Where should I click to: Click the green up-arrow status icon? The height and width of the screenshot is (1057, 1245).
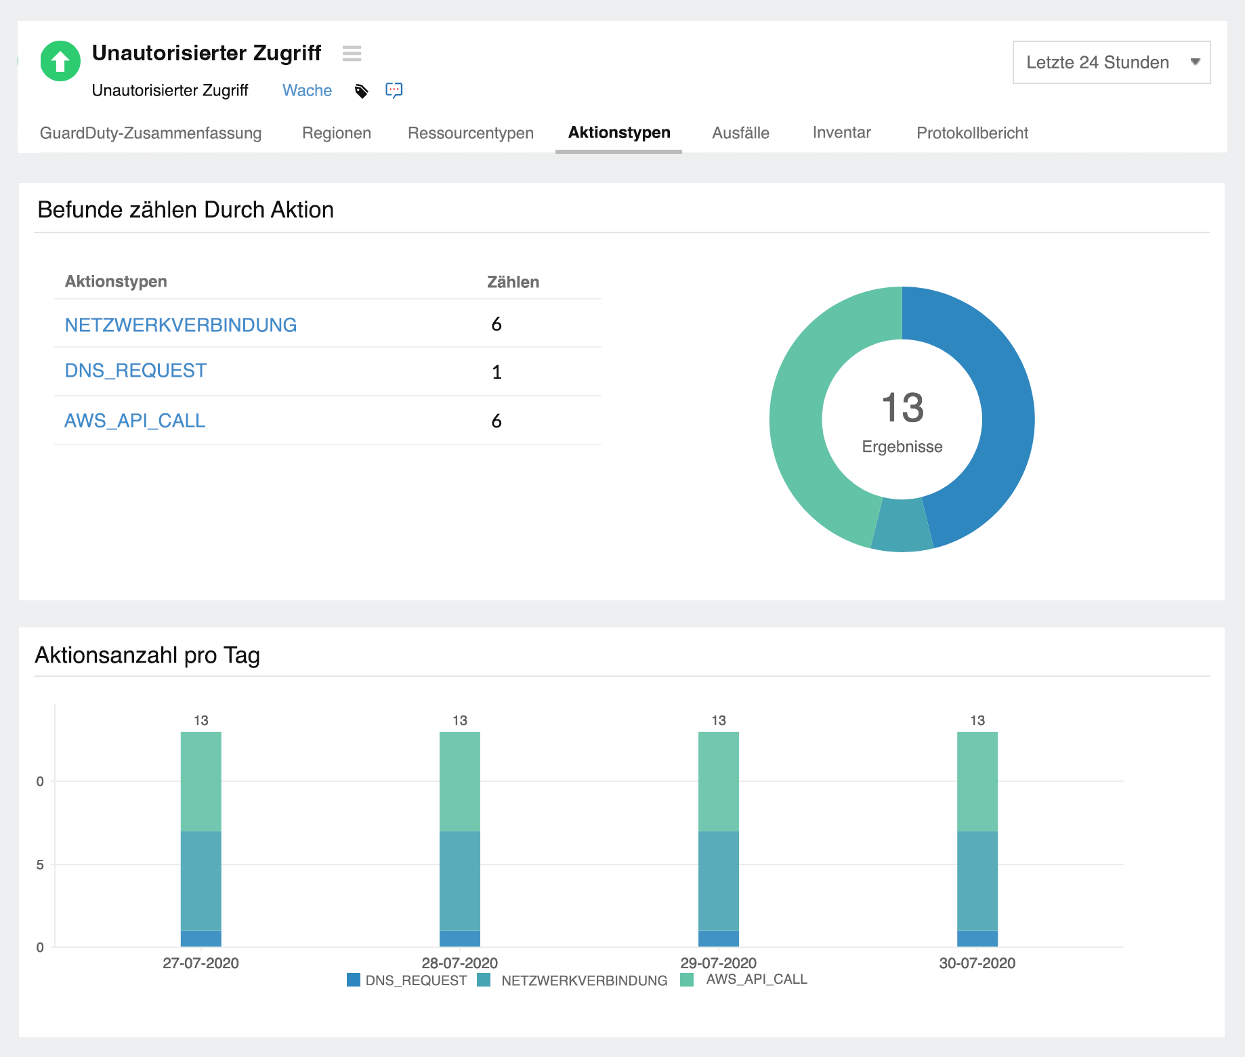(x=60, y=62)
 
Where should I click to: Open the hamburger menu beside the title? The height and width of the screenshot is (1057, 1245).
(x=352, y=54)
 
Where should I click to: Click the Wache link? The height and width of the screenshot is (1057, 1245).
(x=307, y=91)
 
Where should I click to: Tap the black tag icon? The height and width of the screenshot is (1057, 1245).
(x=362, y=91)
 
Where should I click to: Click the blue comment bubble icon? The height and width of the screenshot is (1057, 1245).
(x=394, y=90)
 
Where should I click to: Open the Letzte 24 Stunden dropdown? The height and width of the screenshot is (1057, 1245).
(x=1111, y=62)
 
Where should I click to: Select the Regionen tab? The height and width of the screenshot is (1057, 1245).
(x=336, y=133)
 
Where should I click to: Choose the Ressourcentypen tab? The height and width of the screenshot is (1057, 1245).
(x=470, y=133)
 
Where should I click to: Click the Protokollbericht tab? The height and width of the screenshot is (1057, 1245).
(x=971, y=133)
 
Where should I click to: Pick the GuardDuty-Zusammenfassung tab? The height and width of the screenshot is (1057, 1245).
(x=150, y=133)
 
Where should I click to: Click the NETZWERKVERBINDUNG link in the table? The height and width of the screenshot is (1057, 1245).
(x=180, y=325)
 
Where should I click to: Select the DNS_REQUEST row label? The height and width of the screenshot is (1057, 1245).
(x=135, y=371)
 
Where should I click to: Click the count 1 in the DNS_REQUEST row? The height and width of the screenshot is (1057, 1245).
(x=497, y=372)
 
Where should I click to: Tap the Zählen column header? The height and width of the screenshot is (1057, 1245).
(x=513, y=282)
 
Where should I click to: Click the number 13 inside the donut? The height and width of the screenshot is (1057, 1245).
(x=902, y=408)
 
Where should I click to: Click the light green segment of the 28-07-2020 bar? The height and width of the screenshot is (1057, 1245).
(x=460, y=781)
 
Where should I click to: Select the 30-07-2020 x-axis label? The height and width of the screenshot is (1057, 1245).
(x=977, y=963)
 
